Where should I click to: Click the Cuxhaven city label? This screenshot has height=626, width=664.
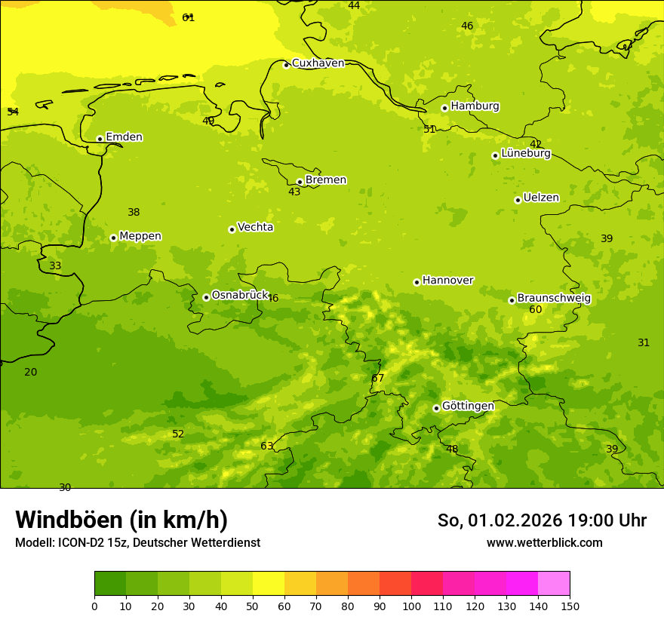pos(318,63)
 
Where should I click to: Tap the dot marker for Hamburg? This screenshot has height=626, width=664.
pos(444,108)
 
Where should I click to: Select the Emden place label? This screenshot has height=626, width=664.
pos(124,137)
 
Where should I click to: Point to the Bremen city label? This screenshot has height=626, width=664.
pos(325,180)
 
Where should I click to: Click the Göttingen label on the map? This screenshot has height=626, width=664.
pos(468,407)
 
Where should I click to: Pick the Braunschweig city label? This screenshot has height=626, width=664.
pos(554,299)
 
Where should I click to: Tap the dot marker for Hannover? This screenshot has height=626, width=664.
pos(417,282)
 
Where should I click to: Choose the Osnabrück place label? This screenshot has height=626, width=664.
pos(239,296)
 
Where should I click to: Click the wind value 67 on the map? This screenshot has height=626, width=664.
pos(378,379)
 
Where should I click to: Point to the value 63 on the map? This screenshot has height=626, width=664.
pos(267,446)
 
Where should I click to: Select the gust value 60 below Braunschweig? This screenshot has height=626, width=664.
pos(536,310)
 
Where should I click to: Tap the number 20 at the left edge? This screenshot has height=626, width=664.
pos(31,373)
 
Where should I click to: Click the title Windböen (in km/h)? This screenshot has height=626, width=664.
pos(121,520)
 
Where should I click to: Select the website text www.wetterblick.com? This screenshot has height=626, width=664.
pos(544,543)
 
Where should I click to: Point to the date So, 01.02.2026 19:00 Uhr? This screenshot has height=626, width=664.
pos(542,520)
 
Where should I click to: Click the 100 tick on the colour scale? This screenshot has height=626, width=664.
pos(411,606)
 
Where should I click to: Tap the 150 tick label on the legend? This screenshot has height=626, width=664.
pos(570,606)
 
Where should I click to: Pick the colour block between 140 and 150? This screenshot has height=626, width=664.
pos(554,584)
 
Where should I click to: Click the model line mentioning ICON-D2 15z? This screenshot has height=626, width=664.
pos(137,543)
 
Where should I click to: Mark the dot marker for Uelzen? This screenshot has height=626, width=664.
pos(518,200)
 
